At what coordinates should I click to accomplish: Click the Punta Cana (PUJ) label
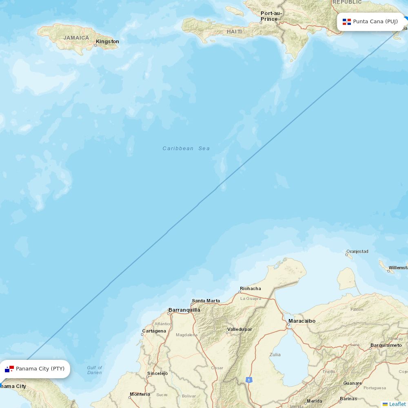pos(375,22)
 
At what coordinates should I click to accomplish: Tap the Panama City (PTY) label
pos(40,369)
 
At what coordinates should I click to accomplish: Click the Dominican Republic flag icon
pos(347,22)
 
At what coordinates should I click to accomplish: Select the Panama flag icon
pos(9,369)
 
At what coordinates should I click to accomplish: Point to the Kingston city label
pos(107,42)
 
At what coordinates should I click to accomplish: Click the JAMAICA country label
pos(76,38)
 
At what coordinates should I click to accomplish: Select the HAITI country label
pos(234,31)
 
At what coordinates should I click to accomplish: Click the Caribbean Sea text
pos(186,149)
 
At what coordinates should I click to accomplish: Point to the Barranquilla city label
pos(184,310)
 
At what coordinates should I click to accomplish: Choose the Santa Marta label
pos(206,301)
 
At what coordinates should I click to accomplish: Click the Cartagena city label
pos(154,331)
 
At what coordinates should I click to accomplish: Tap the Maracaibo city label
pos(302,321)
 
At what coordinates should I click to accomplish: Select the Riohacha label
pos(251,288)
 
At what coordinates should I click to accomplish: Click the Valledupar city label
pos(239,329)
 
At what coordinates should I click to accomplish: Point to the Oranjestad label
pos(357,251)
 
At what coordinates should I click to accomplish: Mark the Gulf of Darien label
pos(95,370)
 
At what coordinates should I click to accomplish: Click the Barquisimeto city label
pos(386,345)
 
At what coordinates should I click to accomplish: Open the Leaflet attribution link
pos(397,404)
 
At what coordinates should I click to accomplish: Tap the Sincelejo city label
pos(157,373)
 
